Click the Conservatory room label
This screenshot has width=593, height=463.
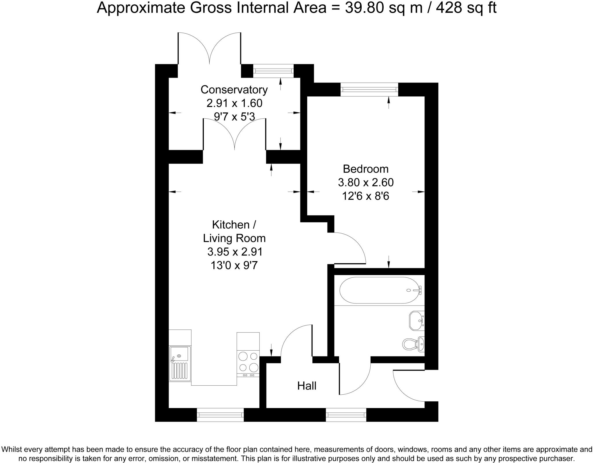pyautogui.click(x=234, y=89)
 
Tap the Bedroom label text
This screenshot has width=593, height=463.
pyautogui.click(x=365, y=169)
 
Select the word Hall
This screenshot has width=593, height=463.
pyautogui.click(x=307, y=386)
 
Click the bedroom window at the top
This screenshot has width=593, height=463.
pyautogui.click(x=369, y=89)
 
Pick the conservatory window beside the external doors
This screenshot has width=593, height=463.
pyautogui.click(x=273, y=71)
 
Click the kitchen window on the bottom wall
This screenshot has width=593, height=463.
pyautogui.click(x=220, y=415)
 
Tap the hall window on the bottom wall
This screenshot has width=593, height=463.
pyautogui.click(x=346, y=415)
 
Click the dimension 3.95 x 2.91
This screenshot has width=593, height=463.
pyautogui.click(x=235, y=252)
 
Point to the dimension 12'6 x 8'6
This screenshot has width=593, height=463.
pyautogui.click(x=365, y=196)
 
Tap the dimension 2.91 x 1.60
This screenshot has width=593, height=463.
pyautogui.click(x=234, y=103)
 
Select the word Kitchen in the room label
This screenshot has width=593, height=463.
pyautogui.click(x=231, y=224)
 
